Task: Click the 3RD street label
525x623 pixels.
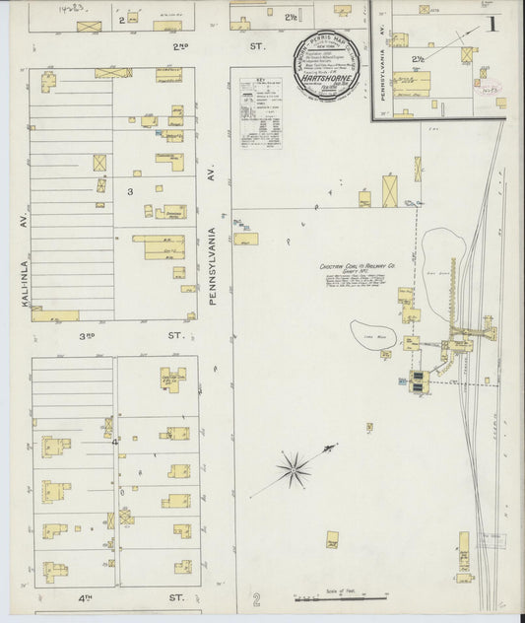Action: coord(87,335)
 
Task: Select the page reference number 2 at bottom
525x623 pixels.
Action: coord(256,598)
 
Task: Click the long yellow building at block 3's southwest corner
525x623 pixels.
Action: coord(55,315)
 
